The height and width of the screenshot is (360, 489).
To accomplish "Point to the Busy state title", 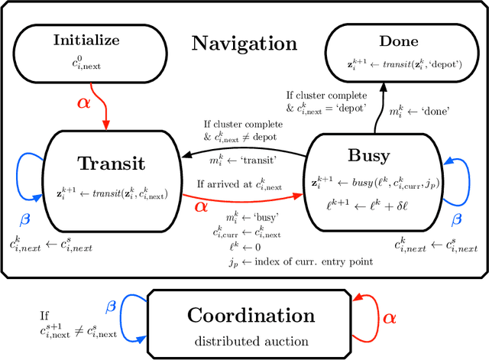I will (368, 156).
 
